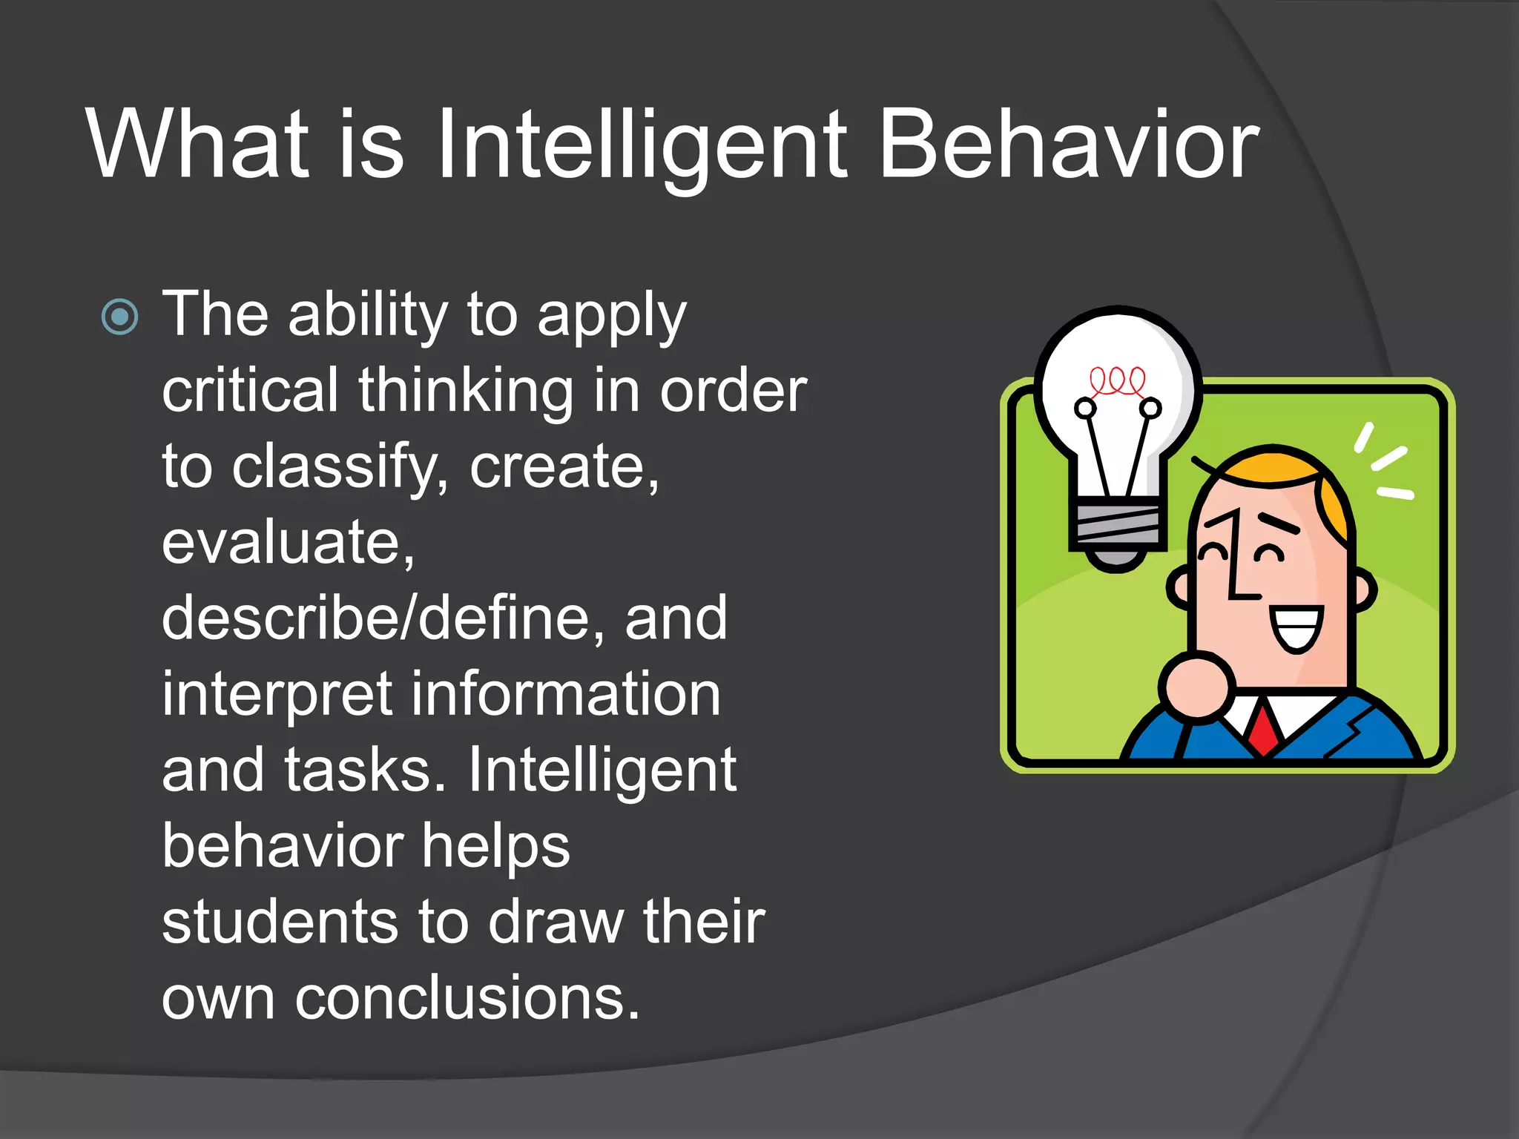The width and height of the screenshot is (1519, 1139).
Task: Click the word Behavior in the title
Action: [1068, 145]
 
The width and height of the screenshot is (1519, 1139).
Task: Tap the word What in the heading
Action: [197, 145]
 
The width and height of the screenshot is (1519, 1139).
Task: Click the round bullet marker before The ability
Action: [119, 317]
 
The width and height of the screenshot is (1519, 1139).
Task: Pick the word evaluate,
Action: [288, 543]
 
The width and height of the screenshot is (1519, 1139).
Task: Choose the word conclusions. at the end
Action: [467, 998]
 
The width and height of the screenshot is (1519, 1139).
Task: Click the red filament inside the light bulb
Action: [1117, 381]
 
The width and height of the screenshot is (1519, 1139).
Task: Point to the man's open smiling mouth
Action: [1296, 627]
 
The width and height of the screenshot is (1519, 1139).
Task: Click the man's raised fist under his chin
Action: [1196, 686]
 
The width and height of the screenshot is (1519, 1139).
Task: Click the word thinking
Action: [465, 391]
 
